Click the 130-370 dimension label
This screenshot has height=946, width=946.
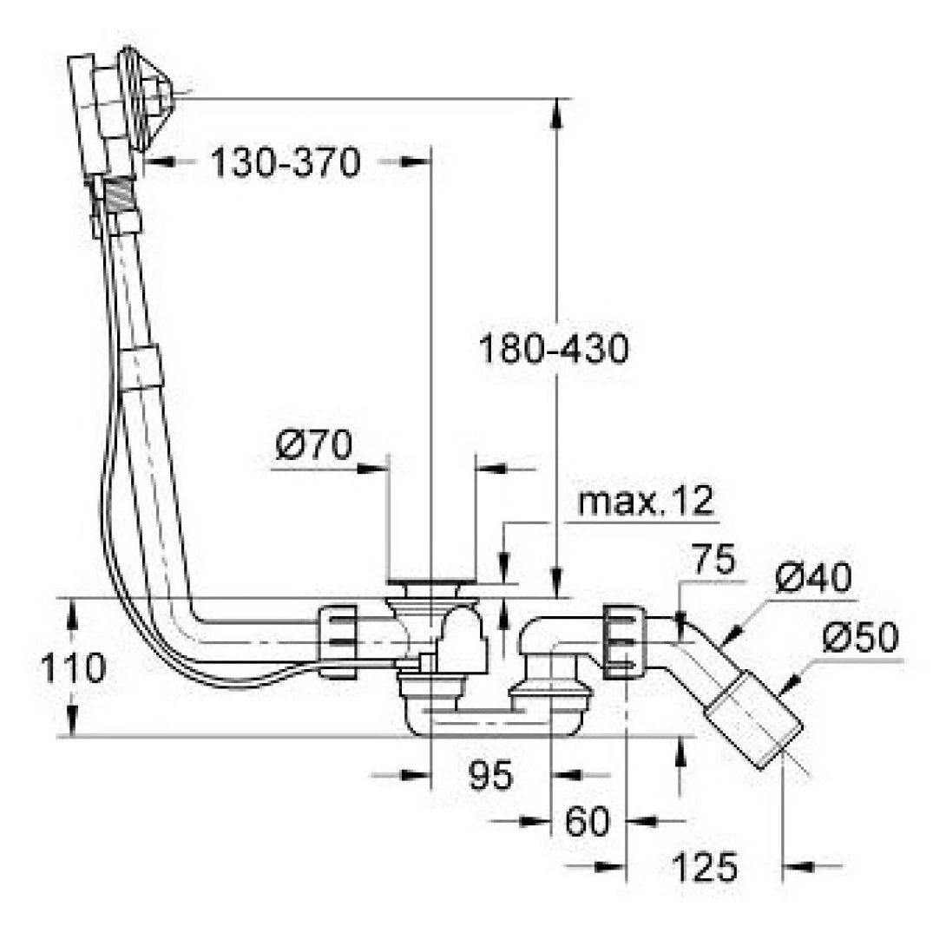pyautogui.click(x=286, y=162)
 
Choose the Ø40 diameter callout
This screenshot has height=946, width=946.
pyautogui.click(x=813, y=578)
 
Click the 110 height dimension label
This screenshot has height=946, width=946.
pyautogui.click(x=73, y=668)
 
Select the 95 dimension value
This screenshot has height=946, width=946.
pyautogui.click(x=491, y=775)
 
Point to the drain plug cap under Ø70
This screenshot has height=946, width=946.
pyautogui.click(x=431, y=581)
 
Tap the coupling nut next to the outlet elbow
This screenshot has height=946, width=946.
pyautogui.click(x=623, y=642)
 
